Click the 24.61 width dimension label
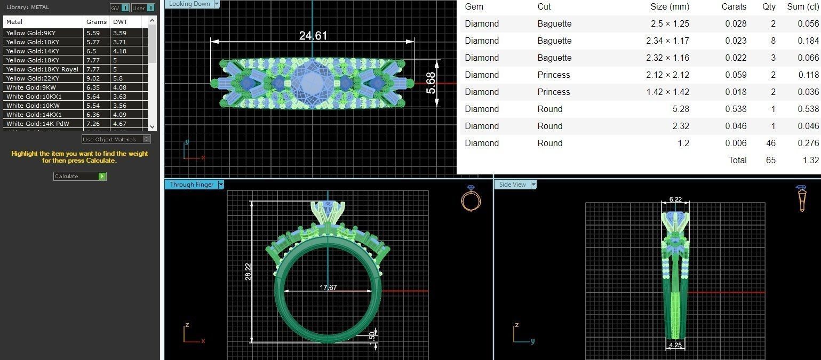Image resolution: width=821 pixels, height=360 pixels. (313, 36)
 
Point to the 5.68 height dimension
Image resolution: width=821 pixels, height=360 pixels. (431, 83)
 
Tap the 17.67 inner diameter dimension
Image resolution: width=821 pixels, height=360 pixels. (328, 287)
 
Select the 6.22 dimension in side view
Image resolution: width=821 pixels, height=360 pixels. (675, 199)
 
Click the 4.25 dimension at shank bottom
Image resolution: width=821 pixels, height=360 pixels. (675, 345)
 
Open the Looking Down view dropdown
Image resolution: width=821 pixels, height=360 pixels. (217, 4)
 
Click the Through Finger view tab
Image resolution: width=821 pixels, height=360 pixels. (192, 185)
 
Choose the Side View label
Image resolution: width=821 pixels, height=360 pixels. (512, 185)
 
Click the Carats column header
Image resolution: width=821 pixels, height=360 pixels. (734, 7)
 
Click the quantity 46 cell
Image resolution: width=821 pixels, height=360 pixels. (770, 143)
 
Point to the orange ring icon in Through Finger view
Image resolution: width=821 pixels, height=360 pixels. (471, 199)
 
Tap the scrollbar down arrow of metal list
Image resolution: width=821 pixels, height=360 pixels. (153, 127)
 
